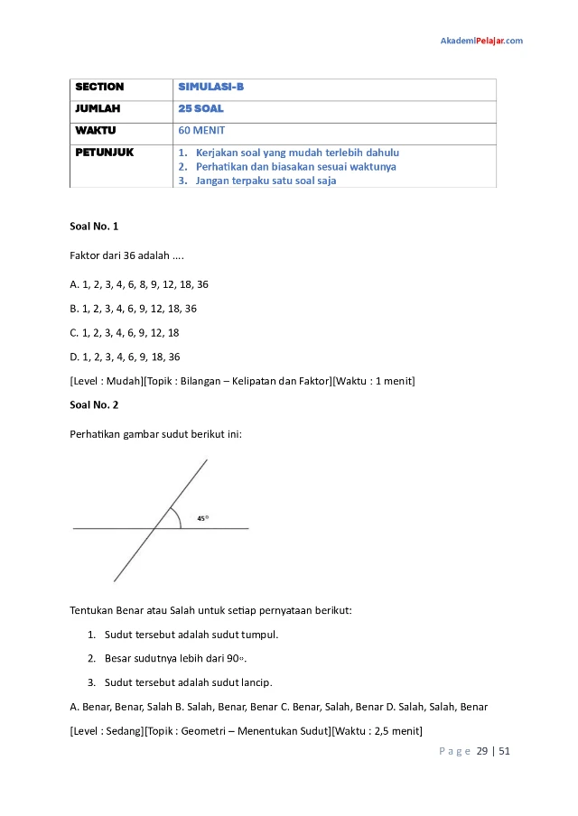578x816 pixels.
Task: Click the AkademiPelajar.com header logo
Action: [480, 41]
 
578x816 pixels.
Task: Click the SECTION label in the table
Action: [99, 88]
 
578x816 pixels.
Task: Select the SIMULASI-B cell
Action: [211, 88]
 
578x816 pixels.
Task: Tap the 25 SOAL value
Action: [200, 108]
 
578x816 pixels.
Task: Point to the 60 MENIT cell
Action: [201, 130]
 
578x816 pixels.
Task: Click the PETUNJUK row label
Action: [104, 153]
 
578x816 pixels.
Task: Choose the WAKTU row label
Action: [95, 130]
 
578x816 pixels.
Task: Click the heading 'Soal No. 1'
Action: [94, 226]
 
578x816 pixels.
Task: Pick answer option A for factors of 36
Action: [139, 284]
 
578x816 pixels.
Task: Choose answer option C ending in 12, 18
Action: [125, 332]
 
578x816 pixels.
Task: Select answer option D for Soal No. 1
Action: [125, 357]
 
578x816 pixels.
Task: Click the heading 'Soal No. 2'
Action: [94, 404]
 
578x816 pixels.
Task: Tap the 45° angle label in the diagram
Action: [203, 518]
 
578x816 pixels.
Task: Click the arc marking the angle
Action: [178, 518]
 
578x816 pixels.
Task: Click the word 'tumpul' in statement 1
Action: [259, 634]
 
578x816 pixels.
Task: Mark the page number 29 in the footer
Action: [482, 751]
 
